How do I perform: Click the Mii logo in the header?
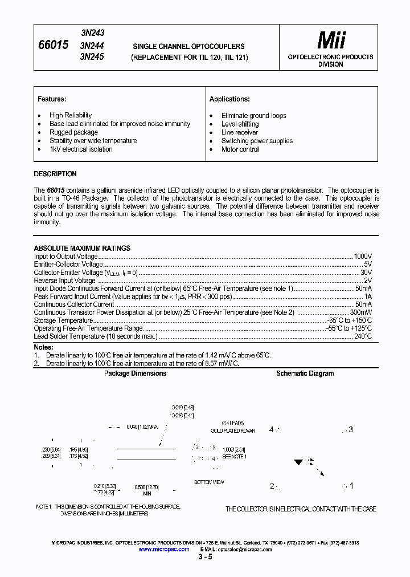[x=331, y=40]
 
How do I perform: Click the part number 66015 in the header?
[x=53, y=44]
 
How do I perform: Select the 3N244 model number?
[x=92, y=45]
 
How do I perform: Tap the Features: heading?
[x=52, y=99]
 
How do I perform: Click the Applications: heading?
[x=229, y=99]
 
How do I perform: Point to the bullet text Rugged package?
[x=73, y=132]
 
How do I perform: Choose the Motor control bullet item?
[x=240, y=149]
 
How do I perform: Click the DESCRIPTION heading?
[x=55, y=174]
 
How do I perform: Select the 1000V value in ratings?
[x=362, y=257]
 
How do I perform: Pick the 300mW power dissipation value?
[x=360, y=312]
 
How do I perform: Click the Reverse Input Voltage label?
[x=64, y=281]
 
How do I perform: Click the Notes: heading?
[x=43, y=347]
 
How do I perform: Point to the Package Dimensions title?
[x=135, y=373]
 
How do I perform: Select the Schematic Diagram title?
[x=305, y=373]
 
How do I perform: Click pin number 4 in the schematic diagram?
[x=272, y=429]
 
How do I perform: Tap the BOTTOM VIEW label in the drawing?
[x=209, y=482]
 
